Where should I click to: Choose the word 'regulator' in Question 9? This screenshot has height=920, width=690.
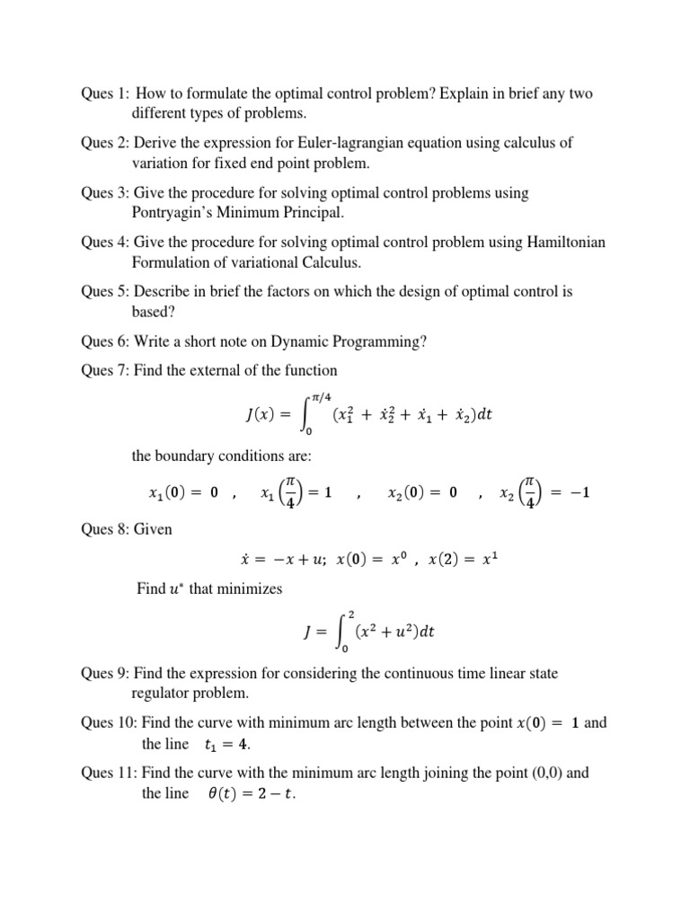(165, 694)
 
